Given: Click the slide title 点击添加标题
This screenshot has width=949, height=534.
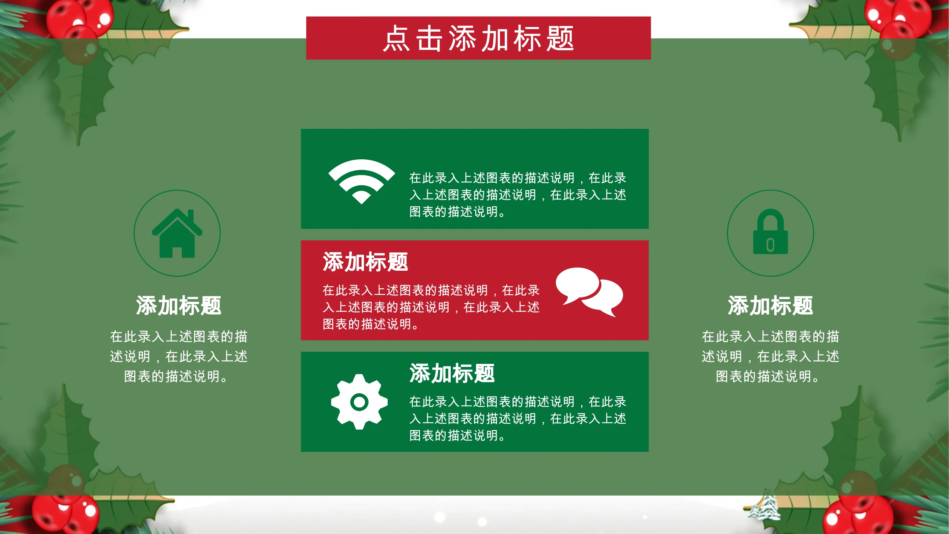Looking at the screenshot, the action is coord(478,38).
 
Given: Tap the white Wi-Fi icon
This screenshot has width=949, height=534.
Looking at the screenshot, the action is coord(361,181).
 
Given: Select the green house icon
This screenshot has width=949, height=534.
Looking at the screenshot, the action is coord(177,233).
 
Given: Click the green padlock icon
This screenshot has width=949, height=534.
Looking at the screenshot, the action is coord(770,232).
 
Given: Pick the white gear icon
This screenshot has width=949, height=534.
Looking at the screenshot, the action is coord(359,402).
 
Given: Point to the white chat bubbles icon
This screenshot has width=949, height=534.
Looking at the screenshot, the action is coord(589,292).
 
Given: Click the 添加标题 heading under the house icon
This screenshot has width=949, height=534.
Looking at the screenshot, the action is coord(178,305).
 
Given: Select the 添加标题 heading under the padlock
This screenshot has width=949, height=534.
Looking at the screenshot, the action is coord(770,305).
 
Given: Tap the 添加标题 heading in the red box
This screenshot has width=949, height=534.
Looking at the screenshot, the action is coord(365,262).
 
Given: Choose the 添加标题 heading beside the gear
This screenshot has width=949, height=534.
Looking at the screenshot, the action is coord(452,373).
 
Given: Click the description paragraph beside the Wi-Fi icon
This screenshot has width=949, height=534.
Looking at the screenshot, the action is coord(518,194).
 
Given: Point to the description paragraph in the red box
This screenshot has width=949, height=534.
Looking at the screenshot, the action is coord(431,307).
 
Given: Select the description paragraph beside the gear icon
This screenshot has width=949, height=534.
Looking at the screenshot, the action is coord(518,418).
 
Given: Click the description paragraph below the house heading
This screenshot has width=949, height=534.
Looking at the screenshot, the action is coord(178,356).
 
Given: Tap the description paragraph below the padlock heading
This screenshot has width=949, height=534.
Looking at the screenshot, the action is coord(770,356).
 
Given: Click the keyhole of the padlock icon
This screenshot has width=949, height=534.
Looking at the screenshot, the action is coord(770,245).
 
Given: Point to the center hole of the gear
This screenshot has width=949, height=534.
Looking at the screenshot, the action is coord(359,402).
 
